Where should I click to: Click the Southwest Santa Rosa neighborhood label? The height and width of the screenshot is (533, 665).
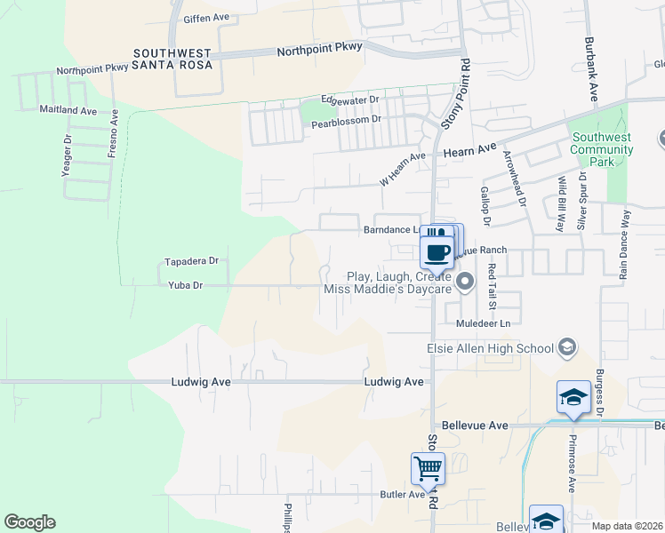pos(172,59)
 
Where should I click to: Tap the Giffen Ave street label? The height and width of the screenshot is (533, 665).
pos(206,18)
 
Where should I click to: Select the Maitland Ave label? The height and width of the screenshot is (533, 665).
pos(68,110)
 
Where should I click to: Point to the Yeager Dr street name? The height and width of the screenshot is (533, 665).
pos(66,156)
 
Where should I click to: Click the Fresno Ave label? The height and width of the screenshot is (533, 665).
pos(114,134)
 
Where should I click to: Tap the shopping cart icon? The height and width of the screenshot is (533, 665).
pos(428,467)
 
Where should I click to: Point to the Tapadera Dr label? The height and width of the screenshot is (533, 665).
pos(191,262)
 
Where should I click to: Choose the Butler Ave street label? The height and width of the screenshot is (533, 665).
pos(403,495)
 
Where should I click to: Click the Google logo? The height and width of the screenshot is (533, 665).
pos(30,522)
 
